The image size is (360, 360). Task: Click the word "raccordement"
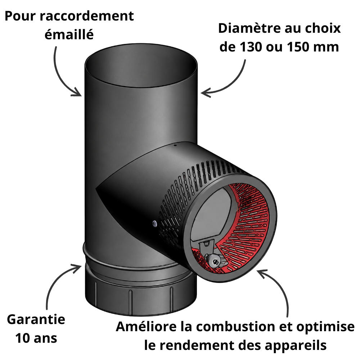click(87, 16)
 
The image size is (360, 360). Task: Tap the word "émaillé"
click(69, 35)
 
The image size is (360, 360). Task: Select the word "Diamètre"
click(249, 28)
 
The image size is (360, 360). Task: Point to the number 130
click(251, 47)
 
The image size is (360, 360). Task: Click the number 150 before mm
click(298, 47)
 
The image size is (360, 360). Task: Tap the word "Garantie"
click(36, 319)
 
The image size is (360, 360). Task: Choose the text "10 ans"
click(36, 338)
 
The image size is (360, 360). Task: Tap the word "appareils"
click(296, 346)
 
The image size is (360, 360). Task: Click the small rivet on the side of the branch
click(154, 223)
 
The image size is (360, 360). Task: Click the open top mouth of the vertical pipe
click(141, 66)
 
